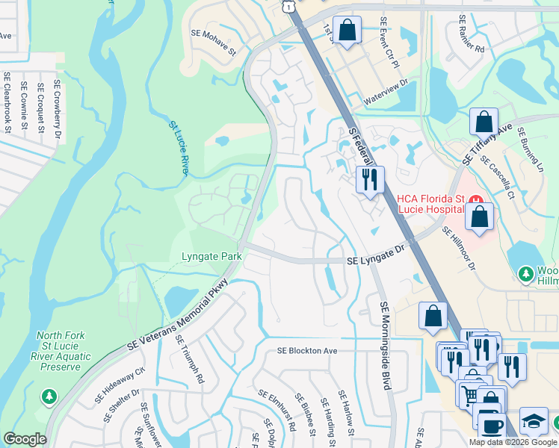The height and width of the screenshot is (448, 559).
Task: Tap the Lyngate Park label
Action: tap(211, 256)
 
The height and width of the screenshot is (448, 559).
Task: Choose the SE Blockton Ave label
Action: tap(307, 350)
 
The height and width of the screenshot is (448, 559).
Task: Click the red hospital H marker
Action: tap(473, 199)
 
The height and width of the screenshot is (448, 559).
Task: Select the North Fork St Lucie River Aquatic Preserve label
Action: tap(64, 351)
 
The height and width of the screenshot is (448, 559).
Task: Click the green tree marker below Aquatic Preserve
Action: tap(49, 396)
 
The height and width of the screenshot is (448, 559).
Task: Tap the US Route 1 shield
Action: tap(288, 5)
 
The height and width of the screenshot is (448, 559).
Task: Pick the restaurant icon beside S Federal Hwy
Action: tap(369, 179)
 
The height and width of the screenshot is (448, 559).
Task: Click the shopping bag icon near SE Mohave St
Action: tap(348, 31)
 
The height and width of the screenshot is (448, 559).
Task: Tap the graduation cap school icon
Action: tap(534, 420)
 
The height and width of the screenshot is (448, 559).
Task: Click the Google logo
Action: tap(25, 439)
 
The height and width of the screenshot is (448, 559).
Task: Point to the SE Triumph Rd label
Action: tap(190, 358)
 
